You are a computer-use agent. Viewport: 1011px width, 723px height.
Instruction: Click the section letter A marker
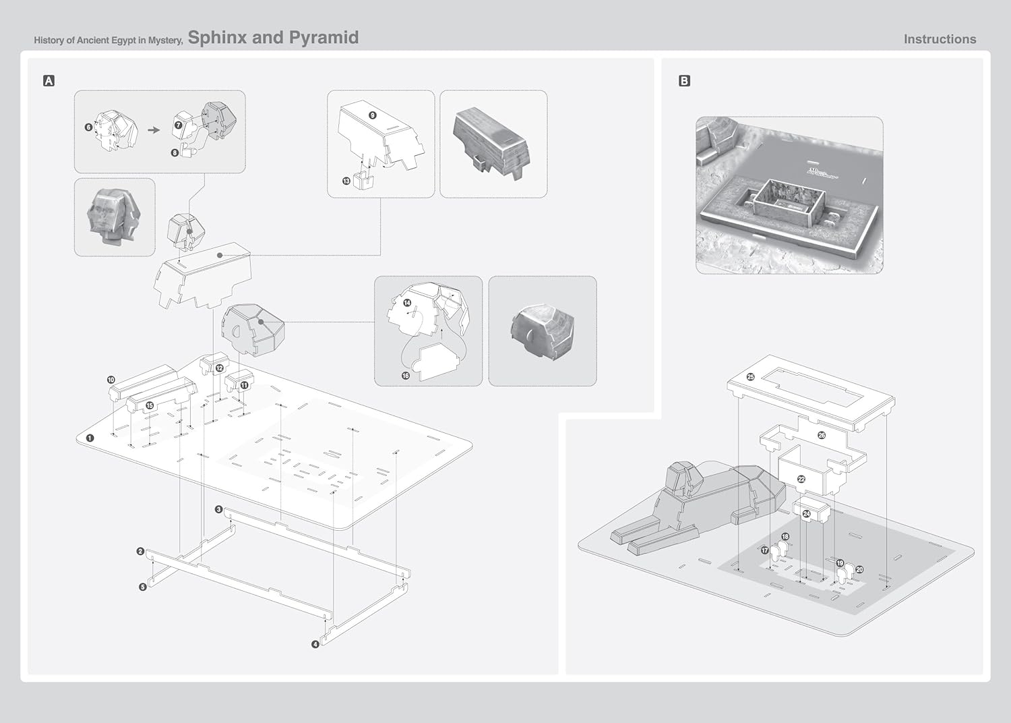coord(49,81)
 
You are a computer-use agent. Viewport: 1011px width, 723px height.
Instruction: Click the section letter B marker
coord(684,81)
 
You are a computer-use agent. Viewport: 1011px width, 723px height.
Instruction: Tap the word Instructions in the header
coord(940,39)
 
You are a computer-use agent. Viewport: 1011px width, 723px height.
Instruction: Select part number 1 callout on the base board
coord(90,437)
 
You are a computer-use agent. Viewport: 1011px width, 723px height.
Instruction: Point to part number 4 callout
coord(315,645)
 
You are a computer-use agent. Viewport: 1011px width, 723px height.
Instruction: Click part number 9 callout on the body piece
coord(372,115)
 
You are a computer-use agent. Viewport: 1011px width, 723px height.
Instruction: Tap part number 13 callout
coord(346,181)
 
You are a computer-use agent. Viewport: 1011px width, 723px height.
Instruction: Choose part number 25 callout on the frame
coord(750,377)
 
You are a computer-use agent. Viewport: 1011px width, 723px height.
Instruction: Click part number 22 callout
coord(801,479)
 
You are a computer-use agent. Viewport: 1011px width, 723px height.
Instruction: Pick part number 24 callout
coord(806,514)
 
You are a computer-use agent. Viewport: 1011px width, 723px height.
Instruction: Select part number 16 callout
coord(406,376)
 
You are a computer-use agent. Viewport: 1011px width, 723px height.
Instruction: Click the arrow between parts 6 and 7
coord(154,129)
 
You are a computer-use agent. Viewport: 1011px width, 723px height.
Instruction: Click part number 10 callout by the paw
coord(111,380)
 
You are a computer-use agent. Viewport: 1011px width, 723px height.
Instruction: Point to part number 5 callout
coord(142,587)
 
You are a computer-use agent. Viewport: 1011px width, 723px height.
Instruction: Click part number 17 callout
coord(764,550)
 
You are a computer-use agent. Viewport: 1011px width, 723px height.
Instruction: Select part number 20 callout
coord(859,570)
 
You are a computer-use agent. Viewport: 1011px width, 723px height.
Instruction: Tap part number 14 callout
coord(407,303)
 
